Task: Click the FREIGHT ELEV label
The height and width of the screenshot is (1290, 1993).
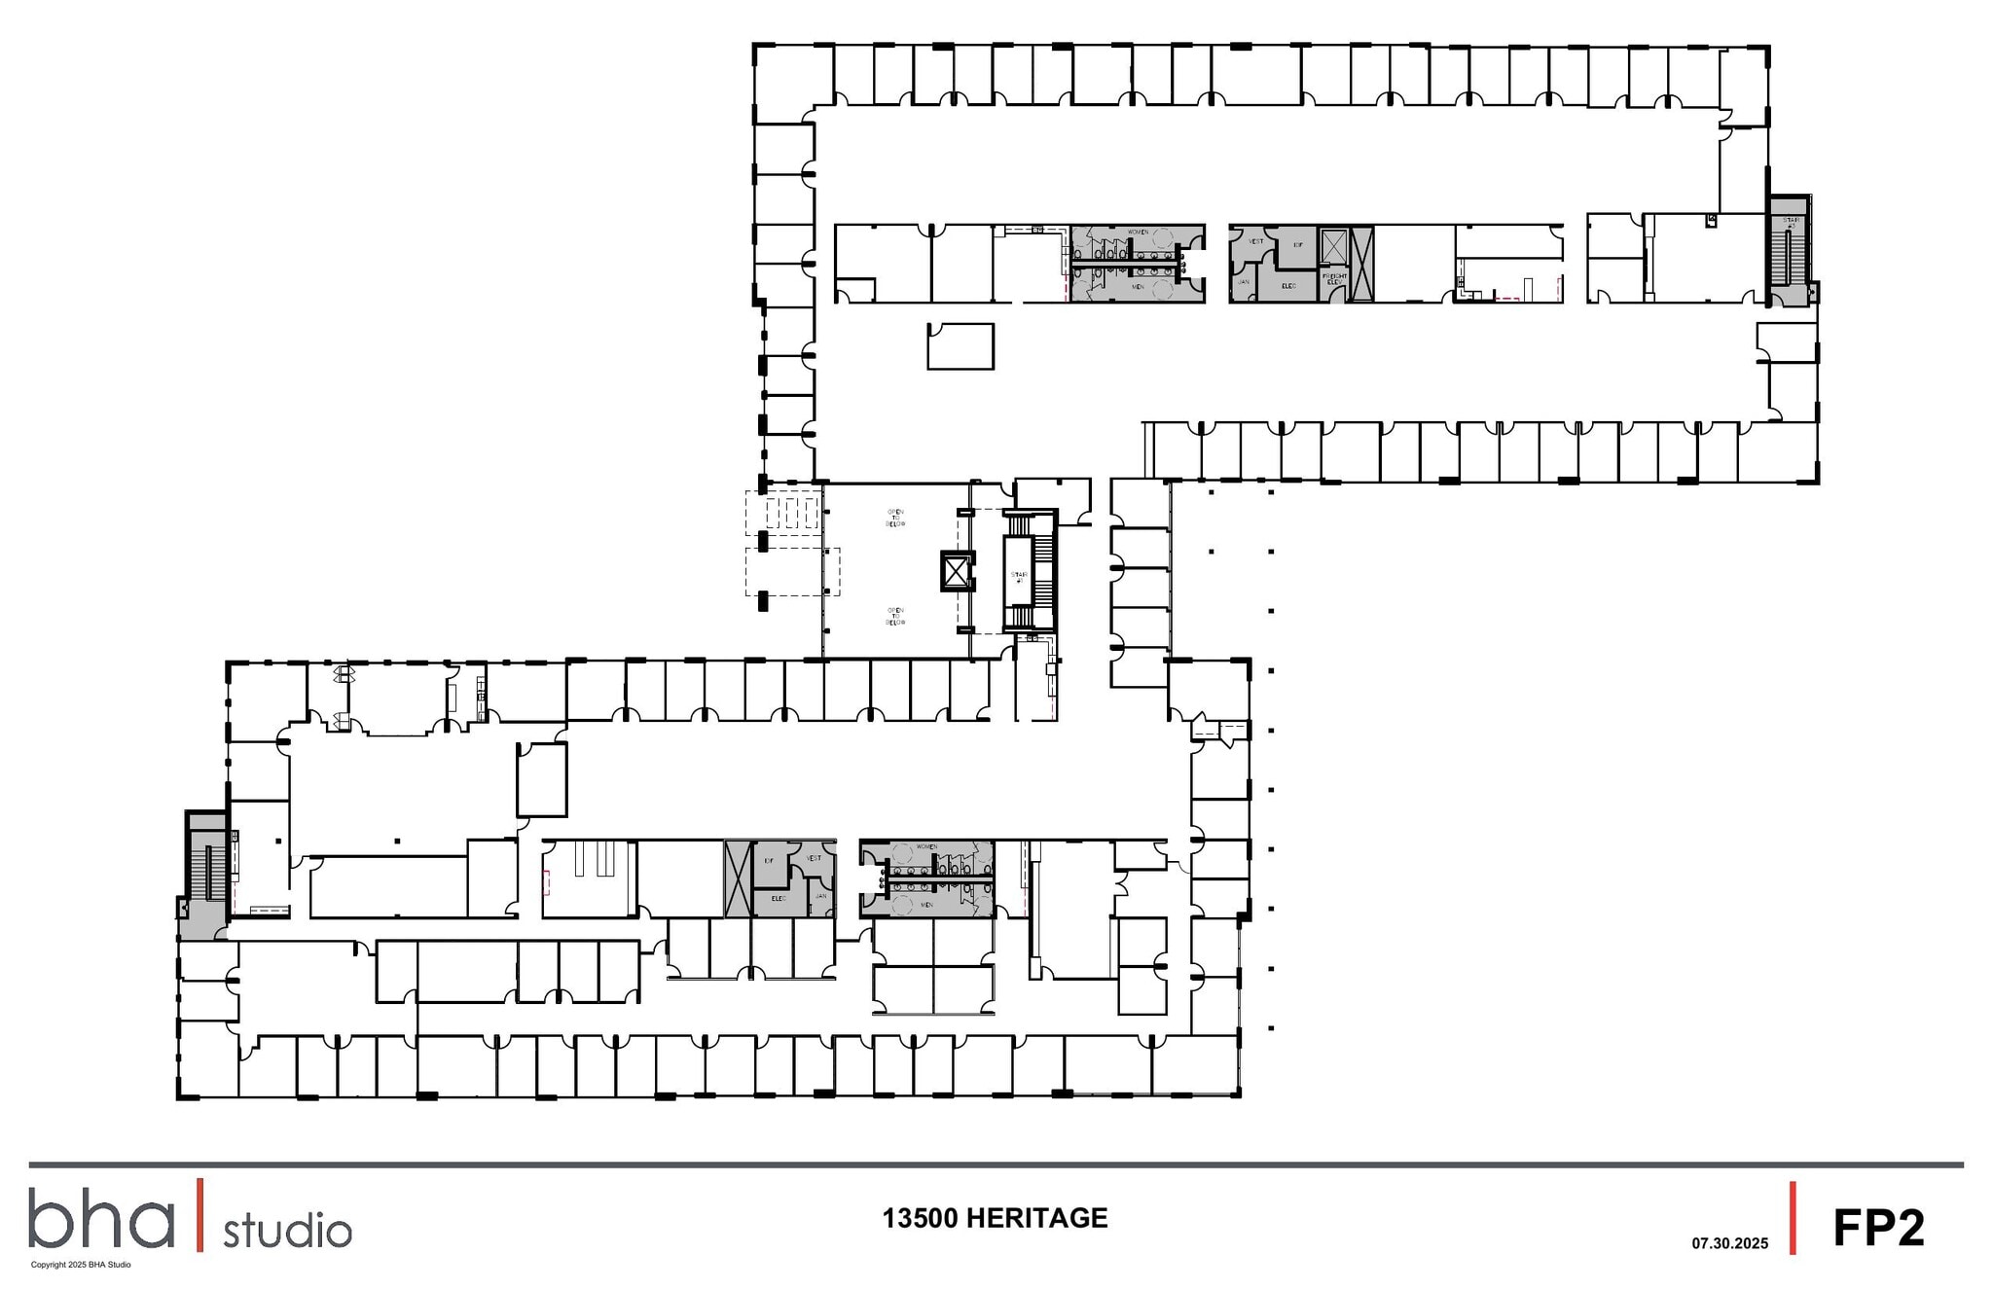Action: (1333, 278)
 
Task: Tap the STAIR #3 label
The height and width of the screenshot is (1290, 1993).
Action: (1791, 223)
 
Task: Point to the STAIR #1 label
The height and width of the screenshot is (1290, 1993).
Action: (1019, 577)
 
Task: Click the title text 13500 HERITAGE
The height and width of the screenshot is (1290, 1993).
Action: (995, 1218)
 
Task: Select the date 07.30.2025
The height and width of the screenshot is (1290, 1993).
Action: (1729, 1243)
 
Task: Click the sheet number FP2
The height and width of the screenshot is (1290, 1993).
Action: (1878, 1228)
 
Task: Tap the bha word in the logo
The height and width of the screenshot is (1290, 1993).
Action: (100, 1218)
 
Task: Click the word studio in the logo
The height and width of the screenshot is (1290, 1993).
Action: (287, 1231)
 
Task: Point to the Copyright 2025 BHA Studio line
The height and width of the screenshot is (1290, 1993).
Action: (81, 1265)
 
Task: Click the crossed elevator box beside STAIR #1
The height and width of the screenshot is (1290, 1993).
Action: (958, 571)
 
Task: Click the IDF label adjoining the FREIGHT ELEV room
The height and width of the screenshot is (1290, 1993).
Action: (1297, 245)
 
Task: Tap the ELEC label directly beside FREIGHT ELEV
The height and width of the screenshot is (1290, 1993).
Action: (1288, 285)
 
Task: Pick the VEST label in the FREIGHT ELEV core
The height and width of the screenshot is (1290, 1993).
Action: (1256, 240)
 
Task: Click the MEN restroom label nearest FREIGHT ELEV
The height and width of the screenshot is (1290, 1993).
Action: (1138, 287)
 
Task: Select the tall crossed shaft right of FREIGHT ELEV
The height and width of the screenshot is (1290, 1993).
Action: (1360, 264)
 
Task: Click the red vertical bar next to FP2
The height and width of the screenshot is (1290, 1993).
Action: (1793, 1218)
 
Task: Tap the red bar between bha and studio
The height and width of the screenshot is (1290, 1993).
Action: (200, 1215)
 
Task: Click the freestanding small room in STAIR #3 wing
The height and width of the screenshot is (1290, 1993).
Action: (960, 346)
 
